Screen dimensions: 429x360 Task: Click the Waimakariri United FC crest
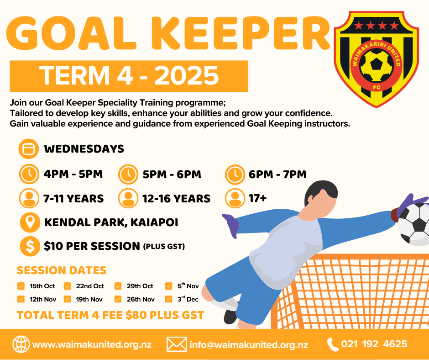click(x=377, y=59)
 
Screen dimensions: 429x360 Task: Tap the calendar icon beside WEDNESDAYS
click(x=29, y=149)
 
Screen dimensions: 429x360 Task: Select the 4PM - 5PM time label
click(x=73, y=174)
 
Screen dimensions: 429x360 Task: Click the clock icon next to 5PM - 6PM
click(x=128, y=174)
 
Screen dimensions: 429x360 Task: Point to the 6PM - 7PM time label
click(x=277, y=174)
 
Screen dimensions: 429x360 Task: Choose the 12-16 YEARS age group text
click(x=177, y=199)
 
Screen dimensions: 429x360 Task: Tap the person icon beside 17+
click(x=235, y=198)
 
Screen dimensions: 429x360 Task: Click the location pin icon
click(x=30, y=222)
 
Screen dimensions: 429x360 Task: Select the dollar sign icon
click(x=30, y=246)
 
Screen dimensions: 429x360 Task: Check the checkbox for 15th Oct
click(x=21, y=286)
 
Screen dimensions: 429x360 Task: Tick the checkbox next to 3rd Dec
click(x=168, y=299)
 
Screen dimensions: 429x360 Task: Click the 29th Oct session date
click(x=140, y=286)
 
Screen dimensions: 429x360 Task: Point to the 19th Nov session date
click(x=89, y=299)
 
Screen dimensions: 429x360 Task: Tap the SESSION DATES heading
click(x=62, y=270)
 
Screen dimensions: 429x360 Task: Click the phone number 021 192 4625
click(x=374, y=344)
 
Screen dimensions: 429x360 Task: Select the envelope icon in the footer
click(x=177, y=344)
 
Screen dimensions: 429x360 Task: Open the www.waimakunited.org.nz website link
click(x=92, y=344)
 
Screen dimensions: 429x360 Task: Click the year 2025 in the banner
click(x=187, y=76)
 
